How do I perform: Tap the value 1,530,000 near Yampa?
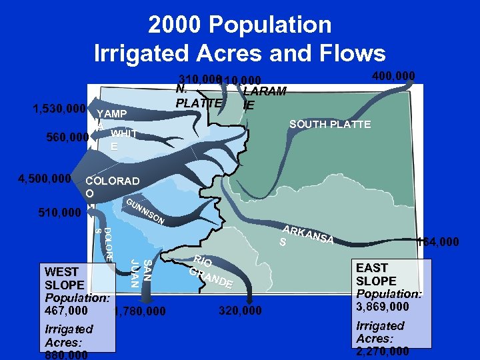pyautogui.click(x=59, y=109)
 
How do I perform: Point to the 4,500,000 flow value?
pyautogui.click(x=45, y=179)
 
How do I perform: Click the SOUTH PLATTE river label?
pyautogui.click(x=330, y=125)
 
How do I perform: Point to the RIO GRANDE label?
pyautogui.click(x=210, y=272)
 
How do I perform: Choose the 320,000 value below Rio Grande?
pyautogui.click(x=240, y=311)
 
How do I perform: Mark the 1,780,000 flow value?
pyautogui.click(x=141, y=311)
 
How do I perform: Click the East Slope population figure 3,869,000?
pyautogui.click(x=383, y=307)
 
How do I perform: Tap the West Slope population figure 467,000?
pyautogui.click(x=65, y=311)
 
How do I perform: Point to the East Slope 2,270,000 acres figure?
pyautogui.click(x=383, y=351)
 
